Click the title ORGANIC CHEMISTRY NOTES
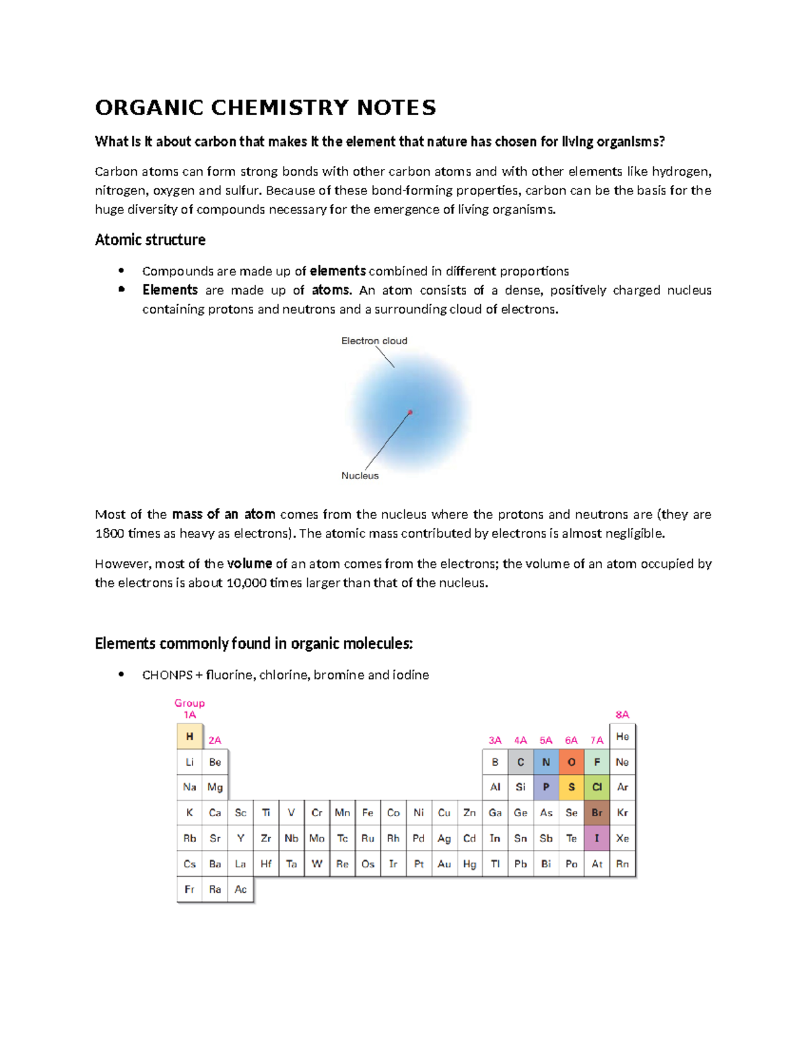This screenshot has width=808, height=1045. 265,108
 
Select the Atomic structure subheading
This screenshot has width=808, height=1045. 150,240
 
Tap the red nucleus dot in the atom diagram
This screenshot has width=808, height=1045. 410,412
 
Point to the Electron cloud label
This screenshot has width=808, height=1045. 374,340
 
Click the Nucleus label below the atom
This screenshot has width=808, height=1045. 360,476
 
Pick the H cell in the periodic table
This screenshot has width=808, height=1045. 189,737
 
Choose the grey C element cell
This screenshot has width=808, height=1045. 520,762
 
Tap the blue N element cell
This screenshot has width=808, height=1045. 546,762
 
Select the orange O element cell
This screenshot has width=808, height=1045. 572,762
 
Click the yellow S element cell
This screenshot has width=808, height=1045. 572,787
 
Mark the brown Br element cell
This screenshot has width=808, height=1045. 597,813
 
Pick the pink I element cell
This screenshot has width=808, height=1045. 597,838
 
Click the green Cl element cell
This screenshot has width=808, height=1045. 597,787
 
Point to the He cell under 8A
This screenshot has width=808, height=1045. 622,737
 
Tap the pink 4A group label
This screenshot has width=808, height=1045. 520,740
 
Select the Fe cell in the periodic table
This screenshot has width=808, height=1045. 368,813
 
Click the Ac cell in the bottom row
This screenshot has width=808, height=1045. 240,890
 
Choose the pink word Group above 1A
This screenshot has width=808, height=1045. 189,703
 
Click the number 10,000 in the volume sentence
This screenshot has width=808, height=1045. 246,583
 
